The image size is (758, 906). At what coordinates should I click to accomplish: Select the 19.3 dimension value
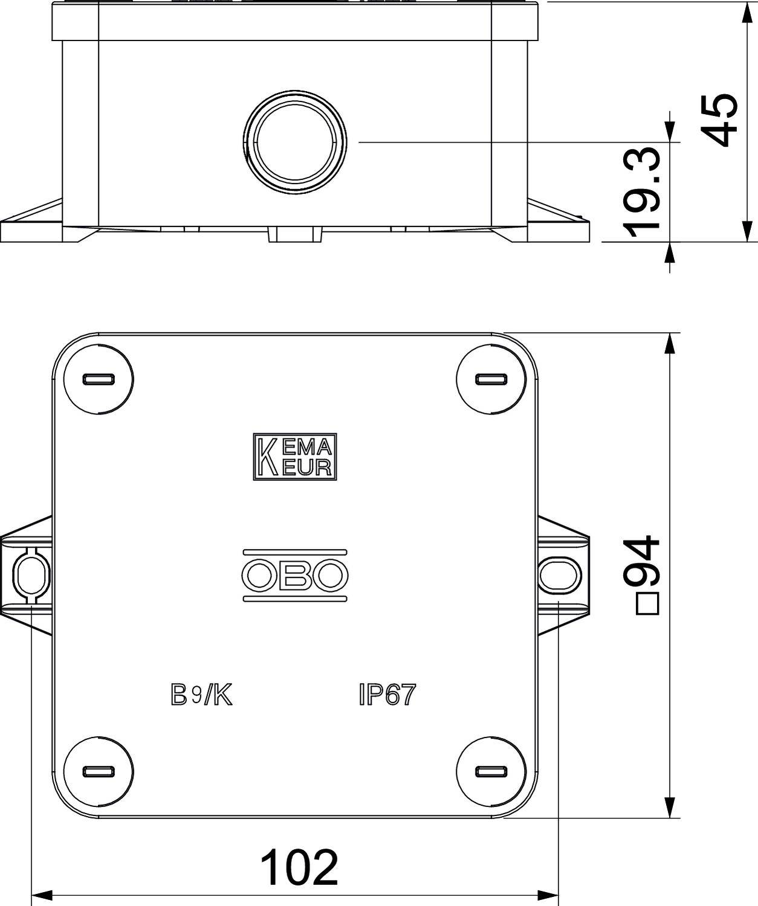642,192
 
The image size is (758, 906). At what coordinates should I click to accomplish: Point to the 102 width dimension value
299,867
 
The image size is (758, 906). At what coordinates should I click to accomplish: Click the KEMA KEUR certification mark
294,457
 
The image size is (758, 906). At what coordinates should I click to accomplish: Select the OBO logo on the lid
294,575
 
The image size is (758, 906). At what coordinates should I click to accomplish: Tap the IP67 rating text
387,695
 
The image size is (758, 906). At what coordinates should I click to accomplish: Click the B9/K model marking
201,695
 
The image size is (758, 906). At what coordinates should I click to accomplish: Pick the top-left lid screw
98,379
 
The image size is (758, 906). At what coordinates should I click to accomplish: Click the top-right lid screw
491,379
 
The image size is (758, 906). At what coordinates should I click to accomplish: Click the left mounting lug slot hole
27,574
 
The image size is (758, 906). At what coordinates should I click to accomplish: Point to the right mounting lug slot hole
559,574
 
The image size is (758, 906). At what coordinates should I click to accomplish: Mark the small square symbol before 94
647,605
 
